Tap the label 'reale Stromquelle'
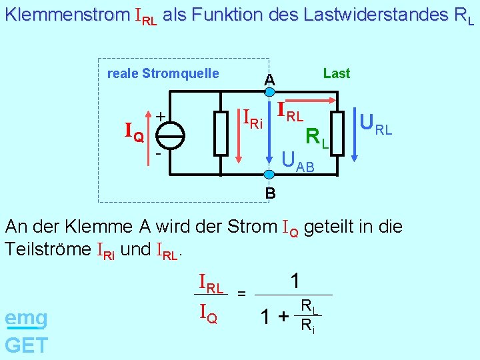[163, 73]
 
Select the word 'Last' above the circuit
[336, 73]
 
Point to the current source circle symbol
[171, 135]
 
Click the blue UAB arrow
[269, 133]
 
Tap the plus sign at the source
[160, 116]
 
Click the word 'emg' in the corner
[26, 319]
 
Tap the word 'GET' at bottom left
[26, 345]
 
